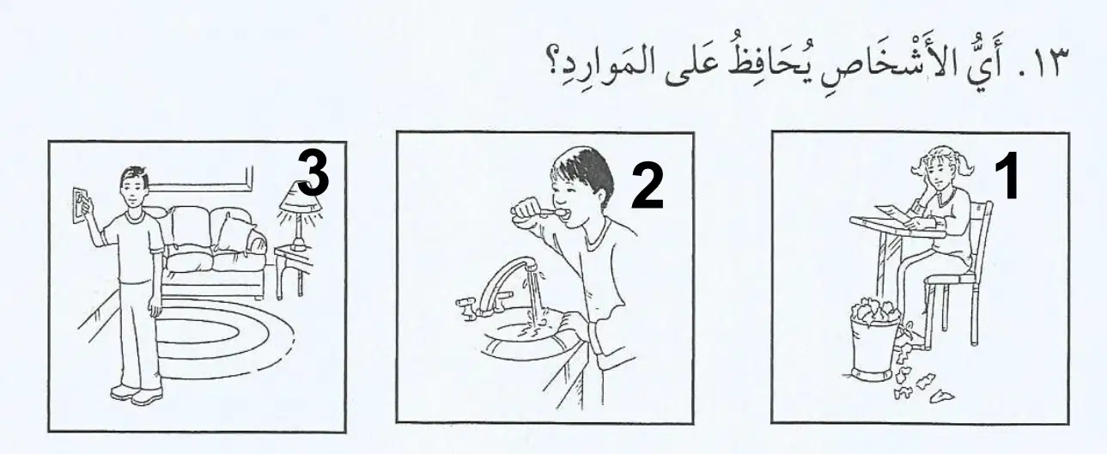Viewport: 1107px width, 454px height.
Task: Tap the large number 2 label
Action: pos(648,185)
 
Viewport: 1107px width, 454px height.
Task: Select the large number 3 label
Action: pos(313,173)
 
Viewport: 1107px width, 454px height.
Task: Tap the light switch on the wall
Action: pos(80,205)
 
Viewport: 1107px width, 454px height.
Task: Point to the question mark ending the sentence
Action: pos(552,73)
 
